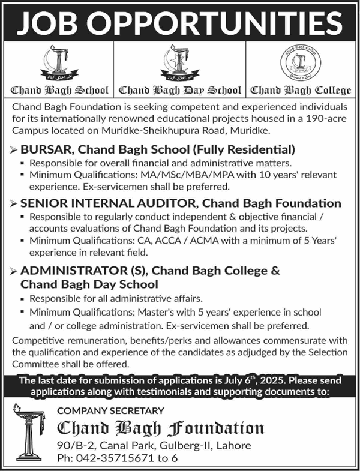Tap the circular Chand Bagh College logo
[x=300, y=63]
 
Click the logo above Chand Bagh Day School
[x=179, y=63]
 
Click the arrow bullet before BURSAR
[x=13, y=148]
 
